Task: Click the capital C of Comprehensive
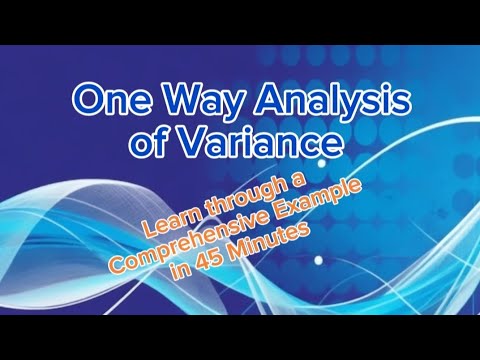click(119, 271)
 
